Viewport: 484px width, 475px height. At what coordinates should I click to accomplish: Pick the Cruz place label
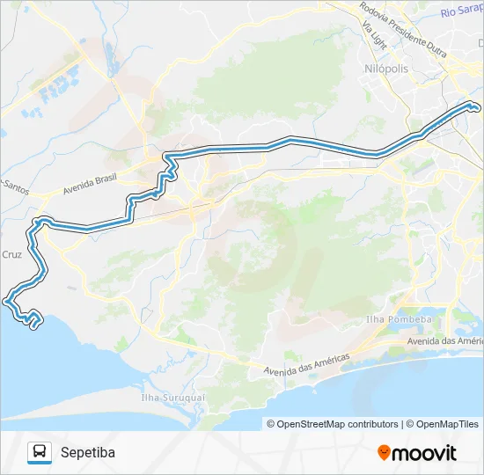11,254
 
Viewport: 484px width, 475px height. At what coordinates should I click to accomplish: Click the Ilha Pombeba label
399,319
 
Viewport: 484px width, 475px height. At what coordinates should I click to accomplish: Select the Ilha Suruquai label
172,397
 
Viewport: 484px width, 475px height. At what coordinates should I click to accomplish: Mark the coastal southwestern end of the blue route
33,326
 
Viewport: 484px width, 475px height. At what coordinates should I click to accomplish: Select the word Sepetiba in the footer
88,453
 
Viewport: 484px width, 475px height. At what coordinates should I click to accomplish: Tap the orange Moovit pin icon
384,453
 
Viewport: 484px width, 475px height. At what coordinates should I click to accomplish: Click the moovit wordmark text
424,453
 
